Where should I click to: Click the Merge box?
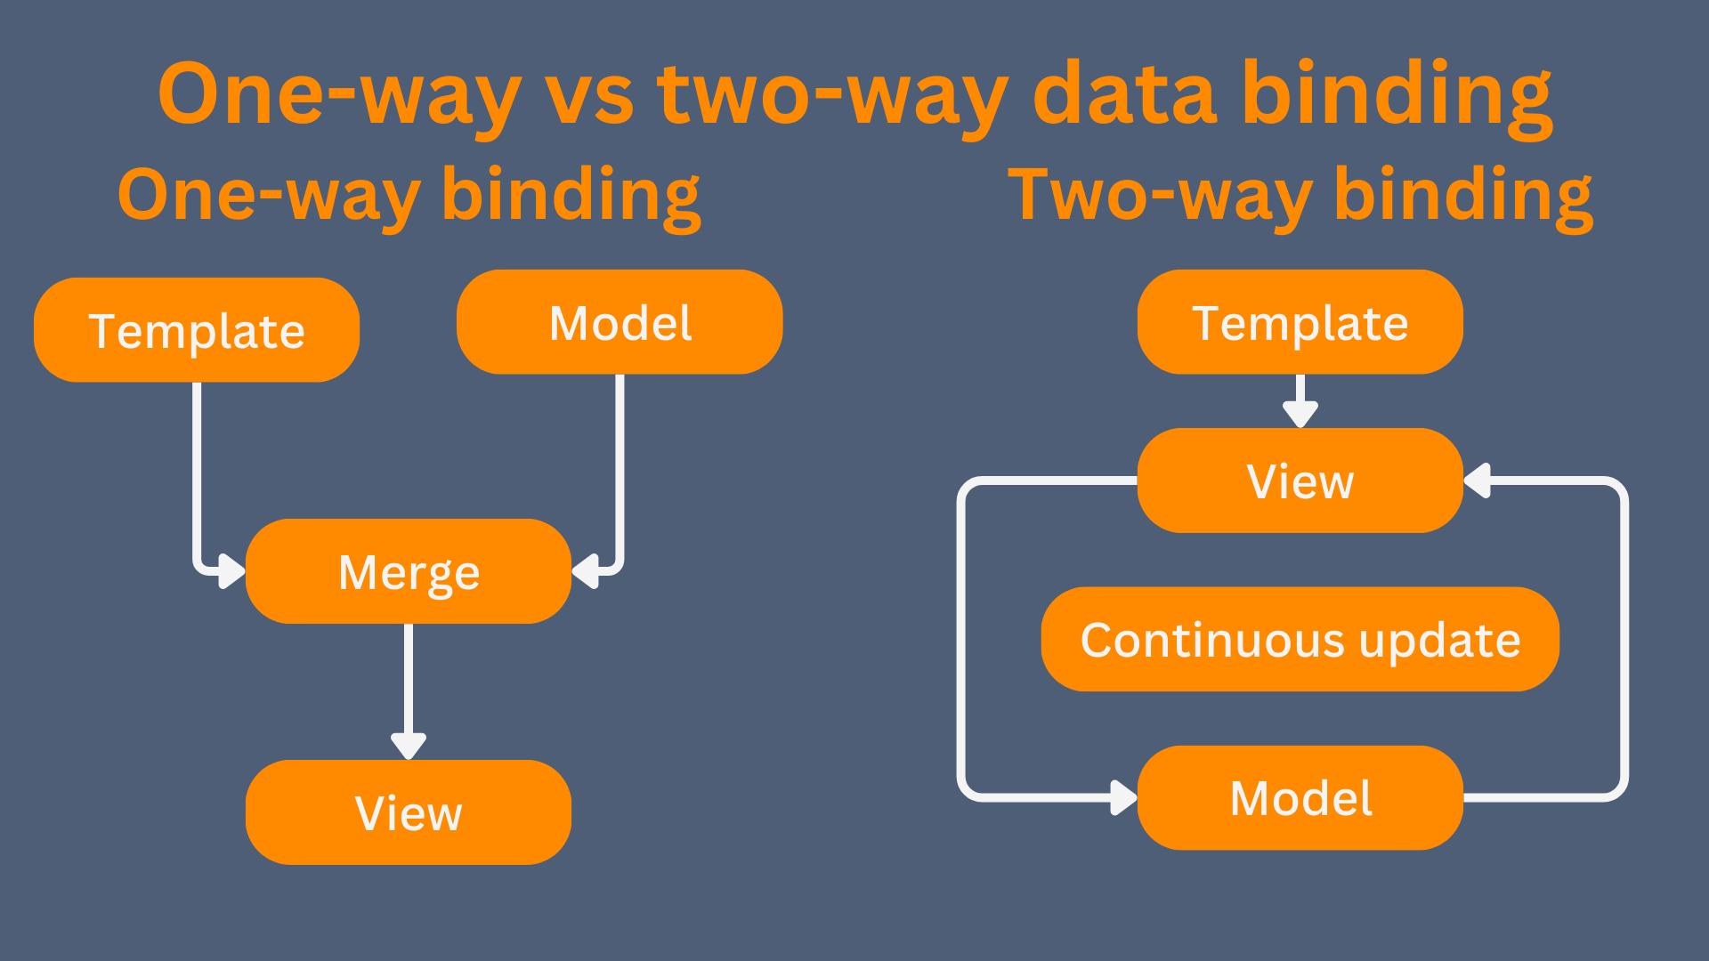(x=409, y=571)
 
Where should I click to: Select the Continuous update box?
(x=1300, y=639)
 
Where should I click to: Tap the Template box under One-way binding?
(x=197, y=330)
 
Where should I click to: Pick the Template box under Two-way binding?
(x=1300, y=322)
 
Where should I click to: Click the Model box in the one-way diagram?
(x=620, y=322)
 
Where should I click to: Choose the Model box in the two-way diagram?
(x=1300, y=798)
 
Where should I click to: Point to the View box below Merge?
(x=409, y=812)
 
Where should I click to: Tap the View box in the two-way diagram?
(x=1300, y=480)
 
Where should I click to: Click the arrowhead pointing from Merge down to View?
(x=409, y=746)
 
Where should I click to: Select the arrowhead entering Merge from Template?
(x=232, y=571)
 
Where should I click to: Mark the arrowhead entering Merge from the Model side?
(x=585, y=571)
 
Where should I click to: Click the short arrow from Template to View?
(x=1300, y=401)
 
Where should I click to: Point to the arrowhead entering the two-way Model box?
(x=1124, y=798)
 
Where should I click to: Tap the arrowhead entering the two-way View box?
(x=1477, y=480)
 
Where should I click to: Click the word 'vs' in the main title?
(x=589, y=96)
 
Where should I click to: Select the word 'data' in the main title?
(x=1125, y=93)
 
